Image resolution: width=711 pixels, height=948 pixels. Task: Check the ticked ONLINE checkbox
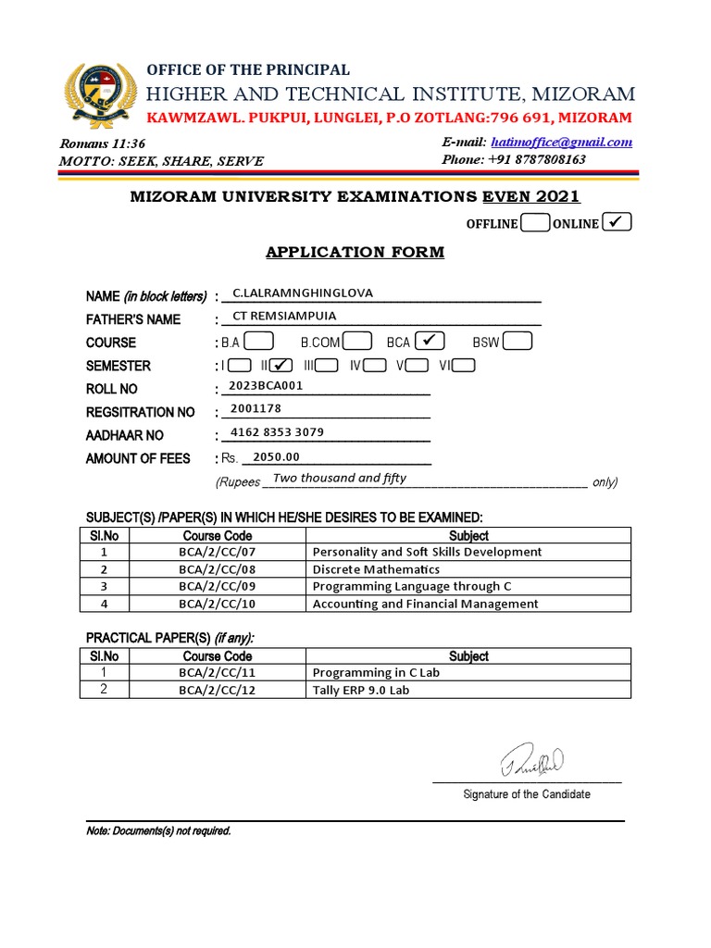tap(617, 222)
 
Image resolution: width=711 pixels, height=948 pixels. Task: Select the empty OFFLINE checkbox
tap(534, 223)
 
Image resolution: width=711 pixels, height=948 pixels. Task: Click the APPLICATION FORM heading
tap(355, 252)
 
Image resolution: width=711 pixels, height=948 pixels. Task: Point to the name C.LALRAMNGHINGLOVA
tap(303, 293)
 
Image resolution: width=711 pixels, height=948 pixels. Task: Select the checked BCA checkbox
tap(430, 342)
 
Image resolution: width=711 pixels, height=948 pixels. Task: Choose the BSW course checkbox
tap(518, 342)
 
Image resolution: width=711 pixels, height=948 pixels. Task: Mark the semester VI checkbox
tap(464, 365)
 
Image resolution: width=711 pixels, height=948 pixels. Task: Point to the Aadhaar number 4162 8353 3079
tap(278, 432)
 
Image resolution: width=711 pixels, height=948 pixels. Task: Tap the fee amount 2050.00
tap(277, 456)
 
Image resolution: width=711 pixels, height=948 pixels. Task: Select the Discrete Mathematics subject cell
tap(376, 569)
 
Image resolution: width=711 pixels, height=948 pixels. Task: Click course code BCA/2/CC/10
tap(217, 604)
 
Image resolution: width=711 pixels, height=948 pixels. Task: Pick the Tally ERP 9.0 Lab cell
tap(361, 690)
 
